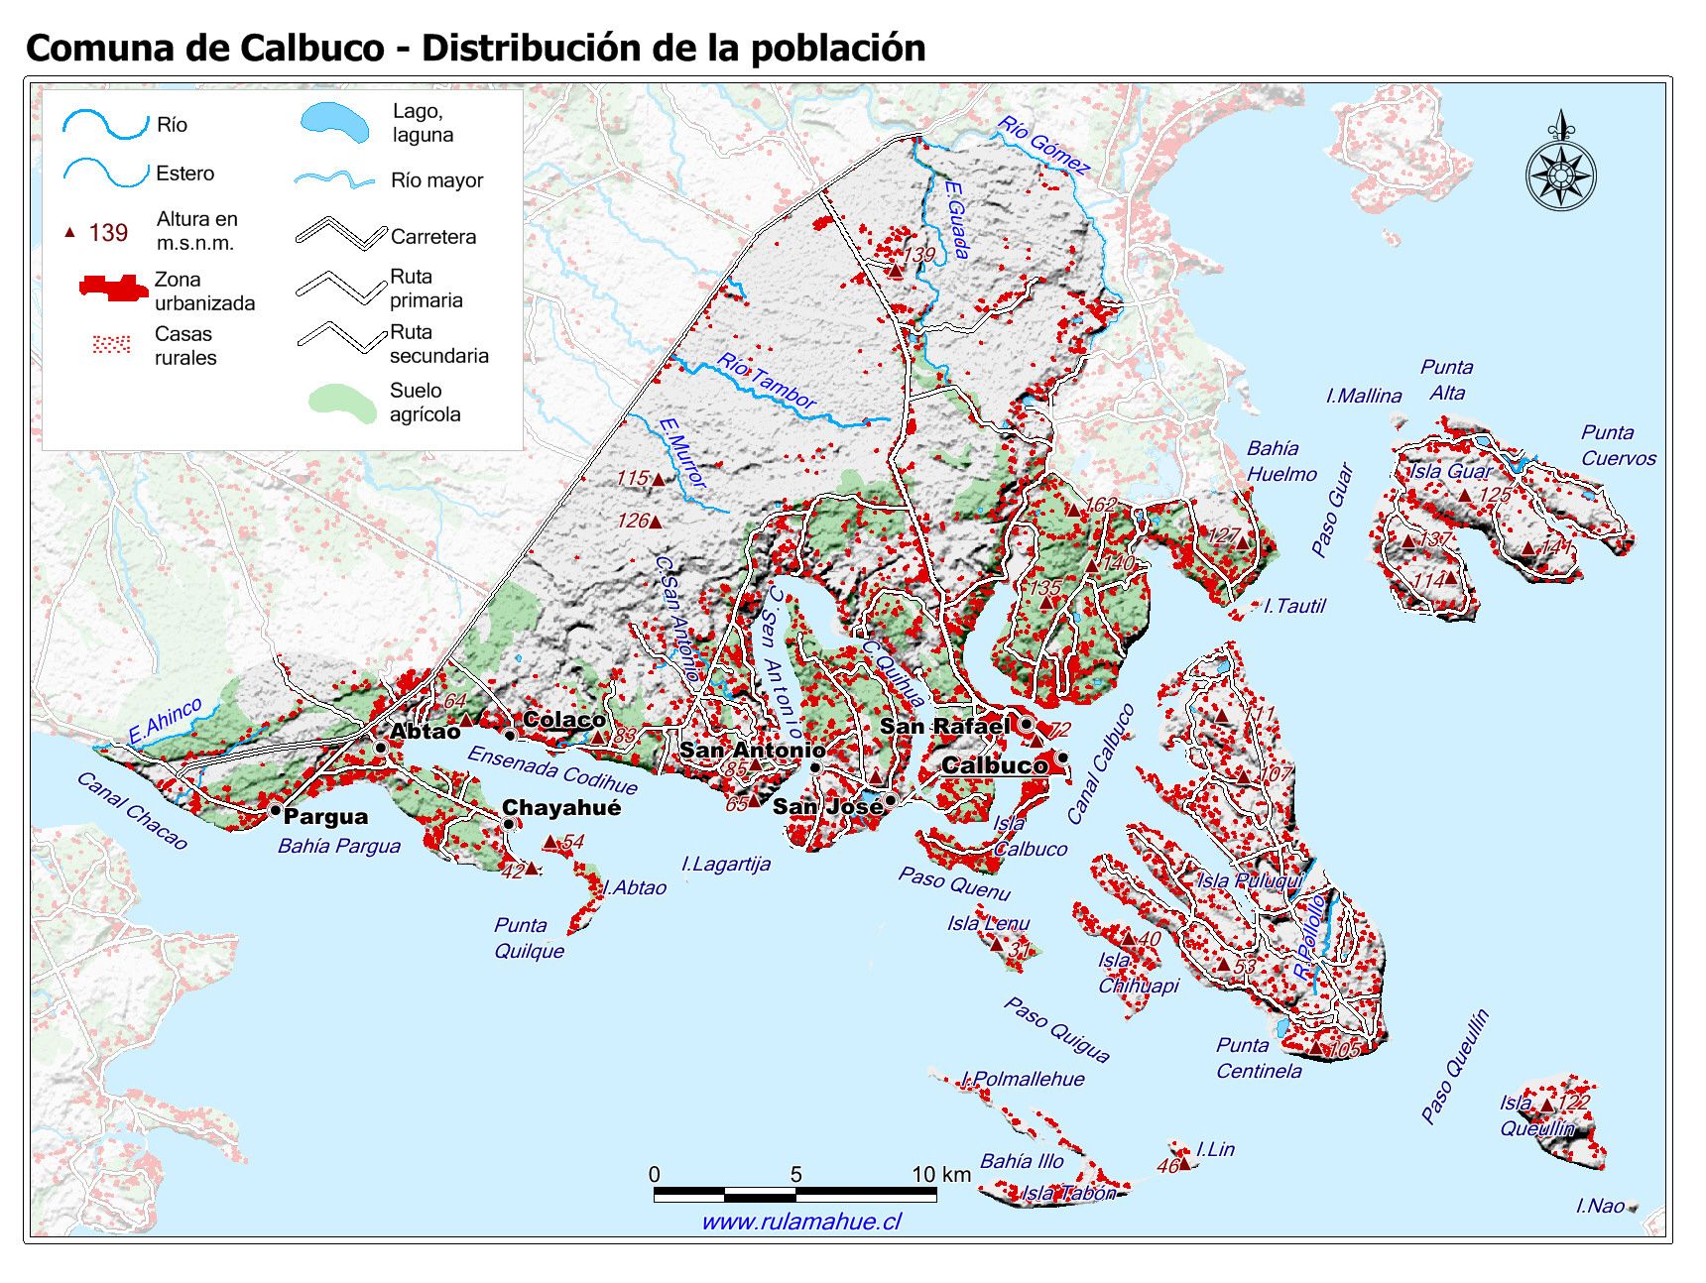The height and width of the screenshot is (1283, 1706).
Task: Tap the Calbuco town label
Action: (x=994, y=764)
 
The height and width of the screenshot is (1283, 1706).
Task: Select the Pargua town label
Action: (x=325, y=817)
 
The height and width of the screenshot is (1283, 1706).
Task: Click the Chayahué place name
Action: (x=561, y=807)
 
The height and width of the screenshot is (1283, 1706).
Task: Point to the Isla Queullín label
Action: (x=1536, y=1115)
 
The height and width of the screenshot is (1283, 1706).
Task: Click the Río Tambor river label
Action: (x=767, y=381)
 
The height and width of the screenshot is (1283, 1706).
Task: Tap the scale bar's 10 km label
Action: (x=940, y=1175)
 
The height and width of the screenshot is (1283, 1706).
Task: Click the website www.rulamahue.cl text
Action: (x=801, y=1222)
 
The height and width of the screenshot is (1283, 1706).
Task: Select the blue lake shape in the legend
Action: (x=335, y=123)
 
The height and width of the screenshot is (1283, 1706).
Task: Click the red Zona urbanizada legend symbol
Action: (x=112, y=289)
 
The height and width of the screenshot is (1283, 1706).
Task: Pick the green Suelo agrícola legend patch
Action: (x=342, y=401)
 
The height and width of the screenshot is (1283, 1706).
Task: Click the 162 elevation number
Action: (x=1100, y=505)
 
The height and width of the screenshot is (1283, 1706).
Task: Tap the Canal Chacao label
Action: (x=132, y=811)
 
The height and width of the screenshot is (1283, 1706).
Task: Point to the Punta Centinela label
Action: (x=1258, y=1058)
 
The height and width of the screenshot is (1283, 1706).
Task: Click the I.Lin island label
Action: (x=1215, y=1149)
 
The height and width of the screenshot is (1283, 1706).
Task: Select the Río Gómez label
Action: (x=1042, y=145)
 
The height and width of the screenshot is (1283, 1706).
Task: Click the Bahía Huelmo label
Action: (x=1280, y=461)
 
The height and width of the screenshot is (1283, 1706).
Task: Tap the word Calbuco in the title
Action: (x=309, y=47)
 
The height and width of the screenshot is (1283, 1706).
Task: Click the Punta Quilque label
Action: (x=529, y=938)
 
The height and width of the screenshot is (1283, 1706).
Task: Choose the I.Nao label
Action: (x=1601, y=1206)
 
